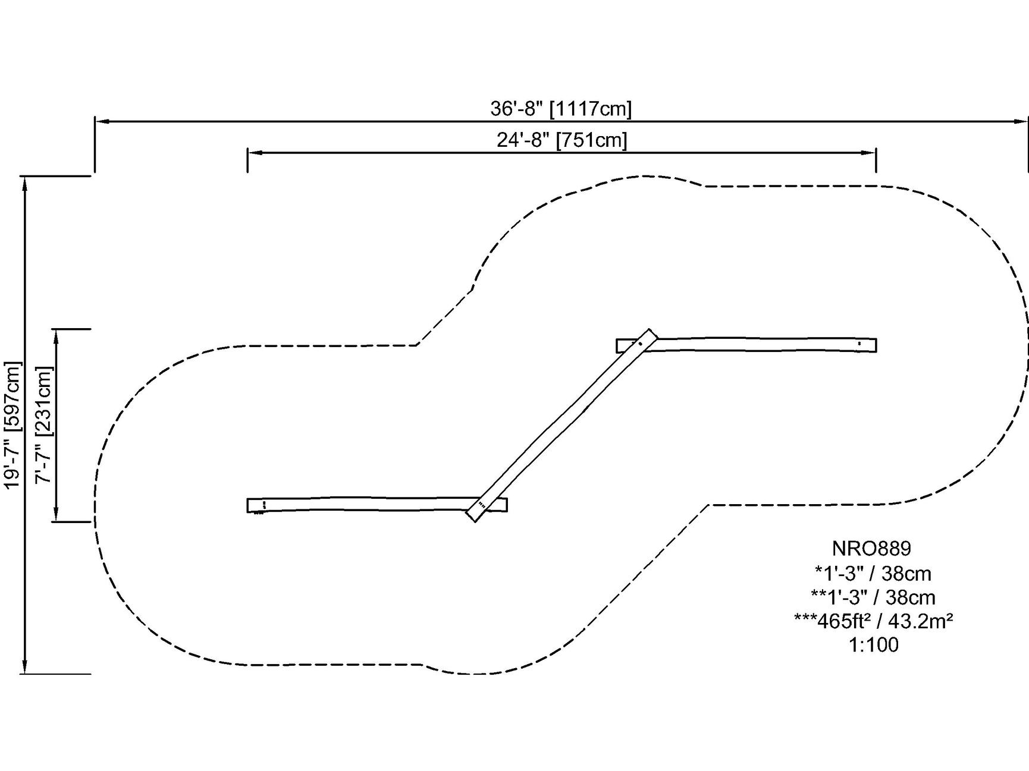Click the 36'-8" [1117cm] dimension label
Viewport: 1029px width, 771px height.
point(561,109)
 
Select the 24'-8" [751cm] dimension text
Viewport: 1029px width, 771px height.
point(562,140)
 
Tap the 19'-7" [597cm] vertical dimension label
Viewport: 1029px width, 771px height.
point(12,425)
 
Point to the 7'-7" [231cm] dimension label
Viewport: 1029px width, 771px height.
point(44,424)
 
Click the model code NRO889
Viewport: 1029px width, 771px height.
point(871,547)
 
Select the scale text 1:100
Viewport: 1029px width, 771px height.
point(873,644)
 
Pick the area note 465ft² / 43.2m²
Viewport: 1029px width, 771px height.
point(873,621)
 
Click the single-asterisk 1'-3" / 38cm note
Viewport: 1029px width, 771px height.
point(873,573)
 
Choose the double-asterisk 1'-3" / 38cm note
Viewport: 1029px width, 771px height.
point(873,597)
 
